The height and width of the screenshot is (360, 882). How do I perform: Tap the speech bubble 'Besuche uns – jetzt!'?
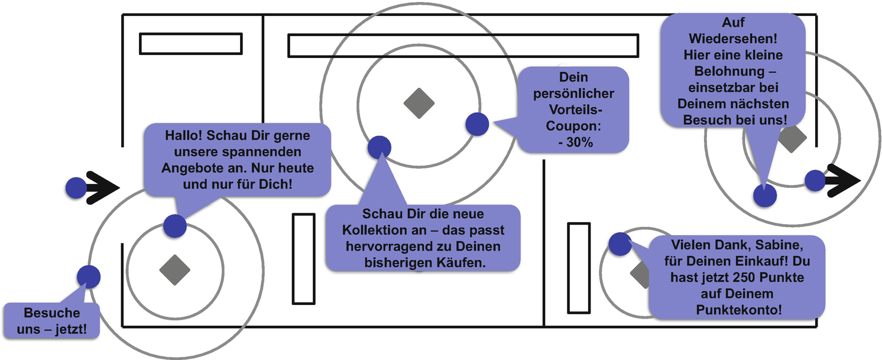click(52, 321)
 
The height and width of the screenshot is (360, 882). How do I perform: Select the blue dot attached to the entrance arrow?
click(76, 187)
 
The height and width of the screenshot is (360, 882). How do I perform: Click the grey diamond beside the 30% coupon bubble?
click(419, 103)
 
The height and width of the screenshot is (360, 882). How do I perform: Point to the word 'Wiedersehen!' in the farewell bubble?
click(734, 39)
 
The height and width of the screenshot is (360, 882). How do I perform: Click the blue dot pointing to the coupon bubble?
click(477, 124)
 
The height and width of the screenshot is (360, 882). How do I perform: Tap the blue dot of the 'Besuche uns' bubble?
click(89, 276)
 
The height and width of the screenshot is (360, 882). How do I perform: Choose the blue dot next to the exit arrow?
click(815, 180)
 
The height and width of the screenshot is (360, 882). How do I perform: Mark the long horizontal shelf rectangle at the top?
click(463, 46)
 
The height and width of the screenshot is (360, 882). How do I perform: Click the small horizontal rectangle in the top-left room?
click(190, 44)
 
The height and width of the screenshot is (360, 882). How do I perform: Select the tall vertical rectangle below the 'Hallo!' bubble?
click(304, 259)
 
